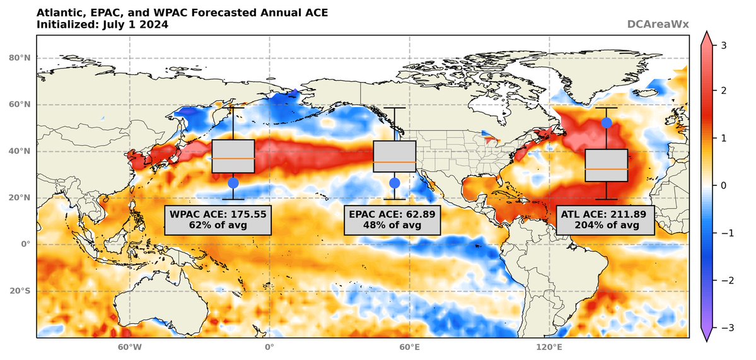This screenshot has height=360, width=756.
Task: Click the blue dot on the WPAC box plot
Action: [233, 183]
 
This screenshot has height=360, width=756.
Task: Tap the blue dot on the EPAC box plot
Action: [395, 183]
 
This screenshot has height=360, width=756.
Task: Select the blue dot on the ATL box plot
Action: [607, 123]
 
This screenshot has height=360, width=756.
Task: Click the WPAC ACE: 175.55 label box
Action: [218, 219]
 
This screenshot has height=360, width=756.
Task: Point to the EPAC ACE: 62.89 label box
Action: [394, 219]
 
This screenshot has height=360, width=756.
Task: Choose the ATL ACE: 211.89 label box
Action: [605, 219]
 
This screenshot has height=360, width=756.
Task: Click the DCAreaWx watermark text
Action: [658, 25]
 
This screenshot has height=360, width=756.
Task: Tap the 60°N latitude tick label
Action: [19, 105]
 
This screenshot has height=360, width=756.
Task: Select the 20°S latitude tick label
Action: [20, 291]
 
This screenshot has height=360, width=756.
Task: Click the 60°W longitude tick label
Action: [129, 347]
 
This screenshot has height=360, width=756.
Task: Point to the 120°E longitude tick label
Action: [549, 347]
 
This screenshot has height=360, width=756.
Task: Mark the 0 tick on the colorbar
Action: [723, 185]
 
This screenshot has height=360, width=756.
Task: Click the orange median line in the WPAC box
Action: [233, 158]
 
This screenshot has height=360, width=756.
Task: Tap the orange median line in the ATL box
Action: [607, 169]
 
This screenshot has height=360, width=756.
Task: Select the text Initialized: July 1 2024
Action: [102, 25]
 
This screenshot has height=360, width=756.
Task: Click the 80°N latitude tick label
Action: [19, 58]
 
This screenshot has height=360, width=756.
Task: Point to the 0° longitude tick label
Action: [269, 347]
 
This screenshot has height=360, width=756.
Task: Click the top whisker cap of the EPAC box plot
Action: [395, 108]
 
